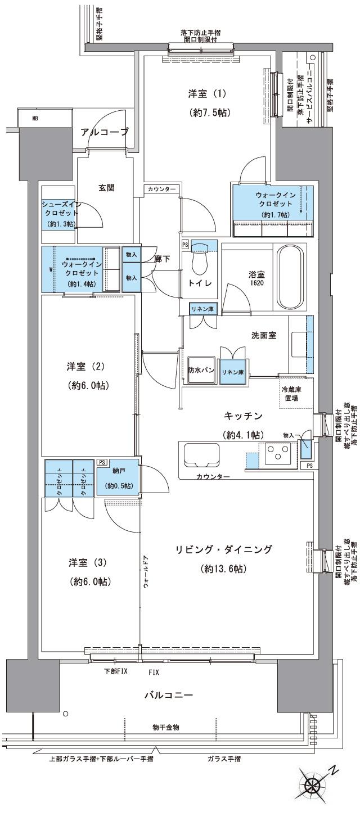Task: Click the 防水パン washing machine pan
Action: pyautogui.click(x=200, y=370)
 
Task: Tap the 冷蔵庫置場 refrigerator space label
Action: pyautogui.click(x=291, y=393)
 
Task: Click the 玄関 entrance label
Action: pyautogui.click(x=107, y=188)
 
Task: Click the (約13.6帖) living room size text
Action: pyautogui.click(x=223, y=569)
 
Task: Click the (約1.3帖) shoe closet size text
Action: pyautogui.click(x=60, y=224)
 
